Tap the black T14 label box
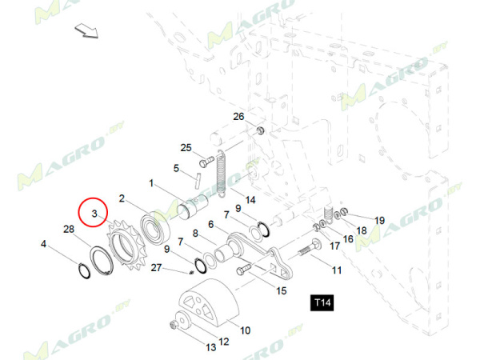[322, 302]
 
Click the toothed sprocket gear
[124, 246]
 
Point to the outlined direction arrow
[86, 30]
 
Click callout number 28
[69, 229]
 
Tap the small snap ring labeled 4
[83, 270]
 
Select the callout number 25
[186, 148]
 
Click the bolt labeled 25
[206, 162]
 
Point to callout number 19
[379, 220]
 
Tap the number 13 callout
[211, 347]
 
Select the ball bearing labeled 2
[155, 227]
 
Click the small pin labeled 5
[198, 181]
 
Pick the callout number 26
[238, 117]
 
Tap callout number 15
[282, 290]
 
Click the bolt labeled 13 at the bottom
[174, 325]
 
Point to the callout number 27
[156, 267]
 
